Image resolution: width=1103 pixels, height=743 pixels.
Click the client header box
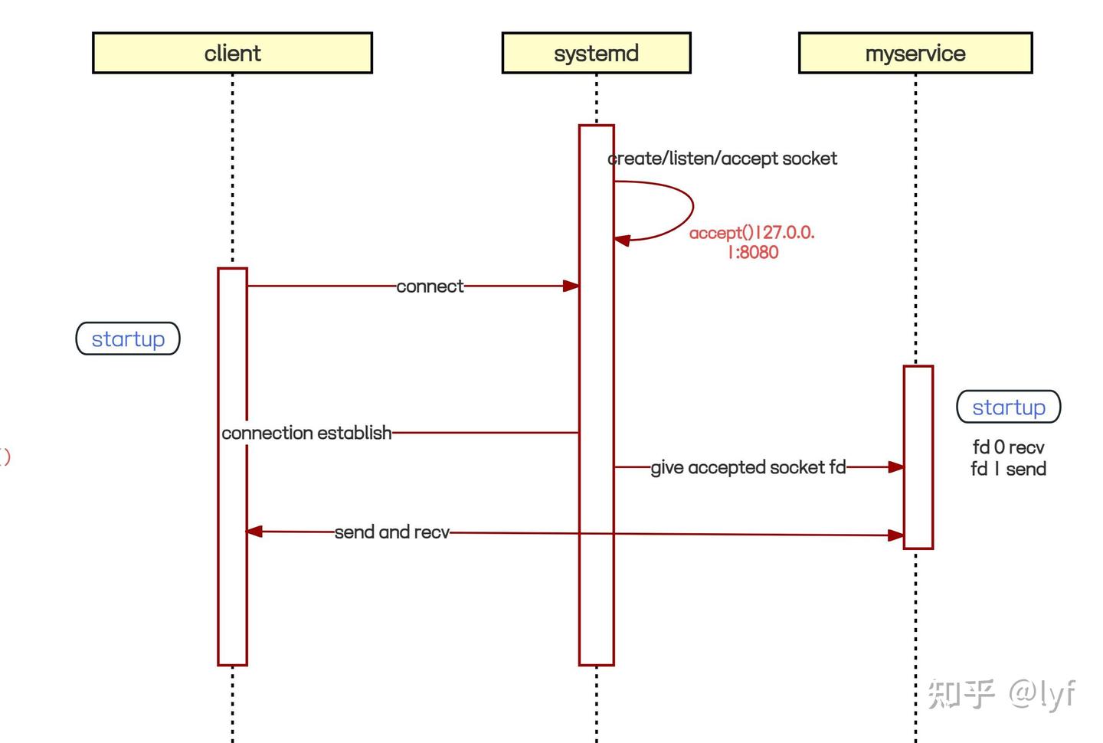click(232, 53)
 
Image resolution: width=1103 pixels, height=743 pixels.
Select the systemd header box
click(596, 53)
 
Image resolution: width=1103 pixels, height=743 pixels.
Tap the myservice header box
click(915, 53)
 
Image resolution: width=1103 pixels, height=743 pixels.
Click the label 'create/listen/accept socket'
click(722, 159)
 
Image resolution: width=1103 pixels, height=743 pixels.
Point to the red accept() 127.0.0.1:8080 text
click(752, 242)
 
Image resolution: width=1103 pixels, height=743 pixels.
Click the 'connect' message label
click(430, 286)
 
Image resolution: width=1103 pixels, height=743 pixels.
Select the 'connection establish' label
click(306, 433)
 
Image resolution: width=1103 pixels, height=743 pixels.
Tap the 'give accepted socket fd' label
click(748, 467)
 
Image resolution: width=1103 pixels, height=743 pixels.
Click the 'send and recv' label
click(391, 532)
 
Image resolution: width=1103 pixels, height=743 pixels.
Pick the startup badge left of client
click(128, 339)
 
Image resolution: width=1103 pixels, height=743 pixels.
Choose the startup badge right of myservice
click(1009, 407)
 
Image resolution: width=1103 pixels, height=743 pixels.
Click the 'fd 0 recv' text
click(1008, 447)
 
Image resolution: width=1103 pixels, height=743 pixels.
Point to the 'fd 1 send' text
click(1008, 469)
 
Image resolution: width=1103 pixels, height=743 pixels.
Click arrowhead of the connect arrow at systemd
click(571, 286)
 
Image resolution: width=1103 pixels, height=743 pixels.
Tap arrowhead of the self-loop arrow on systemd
click(622, 241)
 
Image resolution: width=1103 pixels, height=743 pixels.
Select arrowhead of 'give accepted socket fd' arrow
click(895, 466)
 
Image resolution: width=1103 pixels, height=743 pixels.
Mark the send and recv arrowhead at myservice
click(895, 535)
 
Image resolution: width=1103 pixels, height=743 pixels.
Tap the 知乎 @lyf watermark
click(1001, 693)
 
